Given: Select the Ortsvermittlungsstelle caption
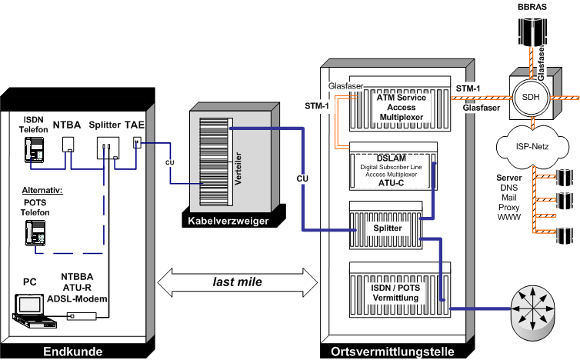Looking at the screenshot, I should click(x=392, y=352).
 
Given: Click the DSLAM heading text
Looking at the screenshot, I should click(x=393, y=156).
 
